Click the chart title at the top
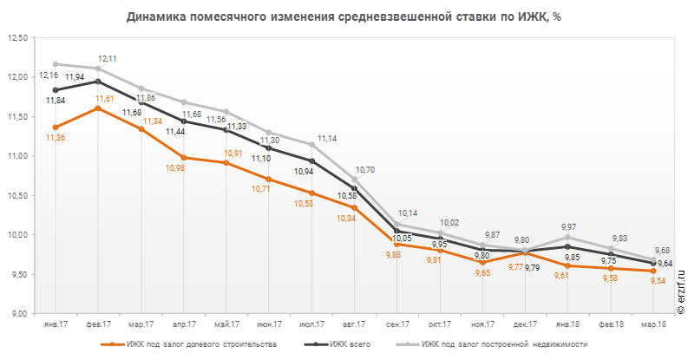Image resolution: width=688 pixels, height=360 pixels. [344, 16]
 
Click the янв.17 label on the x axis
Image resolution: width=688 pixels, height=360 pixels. [55, 324]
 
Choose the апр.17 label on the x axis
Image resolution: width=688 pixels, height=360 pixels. [183, 324]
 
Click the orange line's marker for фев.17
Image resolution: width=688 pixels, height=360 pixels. [98, 108]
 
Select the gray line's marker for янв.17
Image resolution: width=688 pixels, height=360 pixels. [56, 64]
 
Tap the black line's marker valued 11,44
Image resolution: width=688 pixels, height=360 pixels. [183, 121]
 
